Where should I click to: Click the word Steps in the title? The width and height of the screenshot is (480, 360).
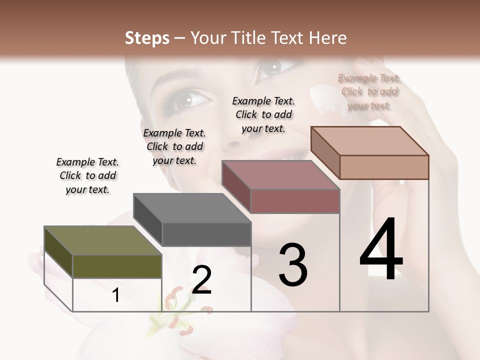click(147, 38)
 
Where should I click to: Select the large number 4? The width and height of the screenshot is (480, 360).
click(381, 250)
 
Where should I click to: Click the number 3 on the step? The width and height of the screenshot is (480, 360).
click(293, 265)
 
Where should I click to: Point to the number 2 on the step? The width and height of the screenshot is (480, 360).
click(201, 279)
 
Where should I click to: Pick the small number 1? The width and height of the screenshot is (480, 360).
click(116, 295)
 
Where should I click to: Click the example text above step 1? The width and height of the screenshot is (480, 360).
click(87, 175)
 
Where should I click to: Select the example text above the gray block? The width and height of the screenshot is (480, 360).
click(174, 146)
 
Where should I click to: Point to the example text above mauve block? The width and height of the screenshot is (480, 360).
click(263, 114)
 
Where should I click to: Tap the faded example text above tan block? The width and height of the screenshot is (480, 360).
click(369, 92)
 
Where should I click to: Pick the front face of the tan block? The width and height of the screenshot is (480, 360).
click(384, 167)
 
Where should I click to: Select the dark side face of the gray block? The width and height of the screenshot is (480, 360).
click(147, 220)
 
